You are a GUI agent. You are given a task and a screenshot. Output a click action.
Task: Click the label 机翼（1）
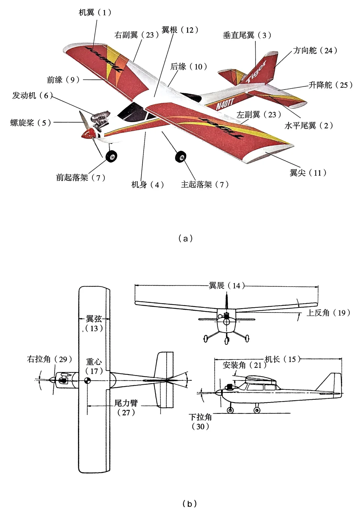(x=95, y=13)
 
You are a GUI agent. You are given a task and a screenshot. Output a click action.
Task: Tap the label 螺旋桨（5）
(x=31, y=123)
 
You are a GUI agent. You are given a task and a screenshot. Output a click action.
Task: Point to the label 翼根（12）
(x=180, y=30)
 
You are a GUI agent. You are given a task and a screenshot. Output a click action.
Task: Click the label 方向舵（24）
(x=315, y=50)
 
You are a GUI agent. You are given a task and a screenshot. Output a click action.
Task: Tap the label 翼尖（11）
(x=308, y=173)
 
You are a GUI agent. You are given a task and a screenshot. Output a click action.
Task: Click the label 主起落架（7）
(x=205, y=184)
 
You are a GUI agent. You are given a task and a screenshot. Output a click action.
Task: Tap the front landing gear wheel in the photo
(x=111, y=156)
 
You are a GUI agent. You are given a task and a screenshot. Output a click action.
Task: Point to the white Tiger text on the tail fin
(x=256, y=72)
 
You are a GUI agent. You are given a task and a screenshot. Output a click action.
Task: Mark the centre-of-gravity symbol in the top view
(x=87, y=380)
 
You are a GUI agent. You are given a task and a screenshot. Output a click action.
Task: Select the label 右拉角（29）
(x=50, y=359)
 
